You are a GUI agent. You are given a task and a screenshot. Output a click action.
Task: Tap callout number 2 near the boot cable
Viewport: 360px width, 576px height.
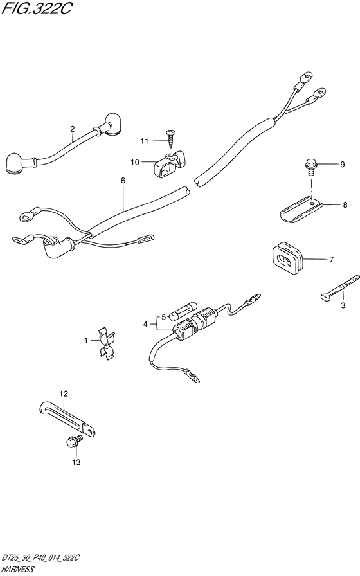click(73, 129)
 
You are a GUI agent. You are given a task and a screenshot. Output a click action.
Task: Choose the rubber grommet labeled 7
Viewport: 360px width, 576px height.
click(287, 258)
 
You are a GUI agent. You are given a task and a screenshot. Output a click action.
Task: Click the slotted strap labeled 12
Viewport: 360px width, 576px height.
click(68, 419)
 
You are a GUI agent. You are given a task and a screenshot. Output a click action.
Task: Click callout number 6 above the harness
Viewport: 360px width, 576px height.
click(123, 181)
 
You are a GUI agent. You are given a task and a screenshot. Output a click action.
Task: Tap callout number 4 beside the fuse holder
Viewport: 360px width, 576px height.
click(145, 325)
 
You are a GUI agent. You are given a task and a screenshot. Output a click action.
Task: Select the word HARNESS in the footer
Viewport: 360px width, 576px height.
click(17, 569)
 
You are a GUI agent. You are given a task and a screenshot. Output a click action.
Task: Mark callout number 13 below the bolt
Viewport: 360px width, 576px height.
click(76, 462)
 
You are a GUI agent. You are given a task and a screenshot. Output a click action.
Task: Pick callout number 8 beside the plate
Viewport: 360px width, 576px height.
click(345, 205)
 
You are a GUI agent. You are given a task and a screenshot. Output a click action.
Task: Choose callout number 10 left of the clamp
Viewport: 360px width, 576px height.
click(135, 161)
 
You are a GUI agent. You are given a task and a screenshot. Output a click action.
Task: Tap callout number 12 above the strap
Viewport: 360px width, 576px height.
click(64, 394)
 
